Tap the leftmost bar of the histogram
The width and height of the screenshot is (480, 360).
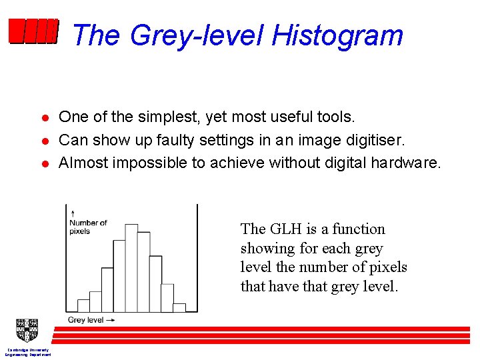83,306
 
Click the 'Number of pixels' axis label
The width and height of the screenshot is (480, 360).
88,227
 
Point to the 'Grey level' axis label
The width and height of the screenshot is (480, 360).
85,320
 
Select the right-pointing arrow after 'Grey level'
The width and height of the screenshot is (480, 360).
111,320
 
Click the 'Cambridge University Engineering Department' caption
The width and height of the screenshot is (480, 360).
27,352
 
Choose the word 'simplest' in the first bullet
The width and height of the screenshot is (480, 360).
170,117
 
